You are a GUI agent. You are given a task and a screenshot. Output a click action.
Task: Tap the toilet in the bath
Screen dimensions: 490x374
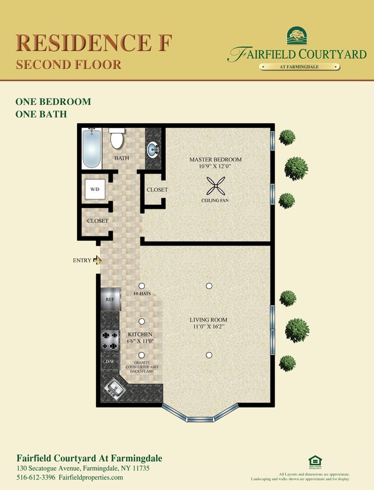(117, 138)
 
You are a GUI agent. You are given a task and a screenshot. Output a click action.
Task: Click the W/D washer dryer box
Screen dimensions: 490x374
(94, 189)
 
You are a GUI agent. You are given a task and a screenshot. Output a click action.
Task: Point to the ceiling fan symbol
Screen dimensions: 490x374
(216, 186)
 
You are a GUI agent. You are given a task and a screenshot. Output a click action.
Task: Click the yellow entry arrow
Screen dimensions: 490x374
(97, 261)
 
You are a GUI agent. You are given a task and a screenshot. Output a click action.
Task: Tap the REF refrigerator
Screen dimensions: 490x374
(110, 300)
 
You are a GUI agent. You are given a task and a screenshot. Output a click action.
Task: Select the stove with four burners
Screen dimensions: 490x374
(109, 341)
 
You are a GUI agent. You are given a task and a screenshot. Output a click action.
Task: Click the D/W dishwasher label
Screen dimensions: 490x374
(109, 361)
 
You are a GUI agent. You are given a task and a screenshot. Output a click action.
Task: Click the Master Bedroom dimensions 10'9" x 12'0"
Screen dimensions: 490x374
(216, 167)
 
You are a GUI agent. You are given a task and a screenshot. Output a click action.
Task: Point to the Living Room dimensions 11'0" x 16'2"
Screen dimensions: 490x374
(208, 327)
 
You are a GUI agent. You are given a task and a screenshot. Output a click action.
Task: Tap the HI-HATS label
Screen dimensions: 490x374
(142, 294)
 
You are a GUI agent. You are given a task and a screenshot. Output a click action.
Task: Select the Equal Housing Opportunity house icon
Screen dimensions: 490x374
(314, 461)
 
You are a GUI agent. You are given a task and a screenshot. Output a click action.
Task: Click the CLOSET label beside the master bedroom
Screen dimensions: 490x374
(157, 190)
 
